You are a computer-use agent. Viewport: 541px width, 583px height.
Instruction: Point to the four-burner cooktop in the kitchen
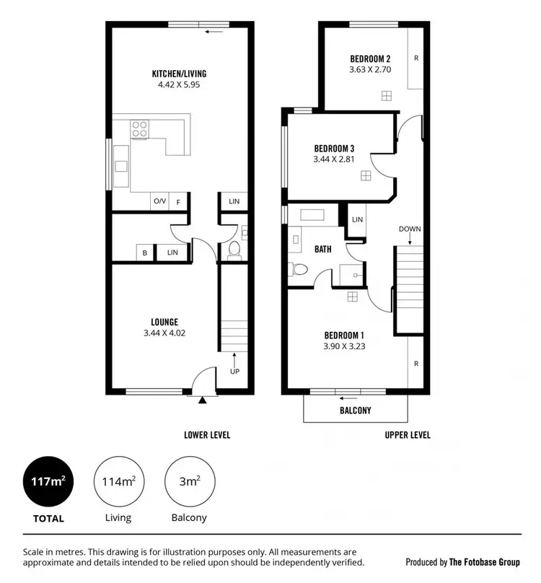tap(139, 129)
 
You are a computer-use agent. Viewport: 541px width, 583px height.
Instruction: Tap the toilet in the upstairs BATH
tap(299, 270)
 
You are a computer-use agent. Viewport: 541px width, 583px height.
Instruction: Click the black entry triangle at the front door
tap(203, 398)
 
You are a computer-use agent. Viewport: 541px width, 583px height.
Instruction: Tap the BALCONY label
tap(355, 411)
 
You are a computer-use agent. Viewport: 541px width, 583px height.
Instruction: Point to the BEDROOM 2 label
tap(370, 59)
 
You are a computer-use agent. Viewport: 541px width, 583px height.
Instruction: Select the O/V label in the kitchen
tap(159, 202)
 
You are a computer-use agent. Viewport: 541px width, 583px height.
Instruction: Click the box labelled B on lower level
tap(145, 252)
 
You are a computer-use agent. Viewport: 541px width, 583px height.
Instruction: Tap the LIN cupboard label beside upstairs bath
tap(357, 219)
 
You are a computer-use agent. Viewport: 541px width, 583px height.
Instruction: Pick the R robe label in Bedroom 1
tap(416, 364)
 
